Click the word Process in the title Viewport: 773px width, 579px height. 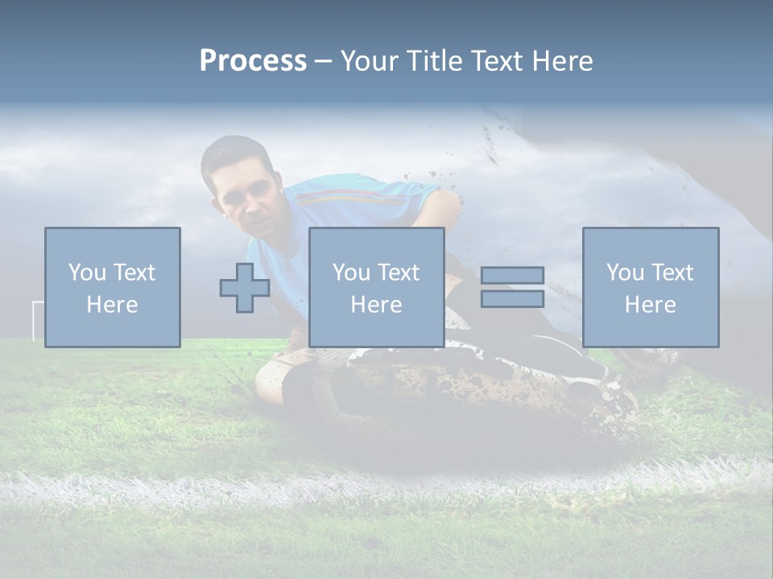pos(253,61)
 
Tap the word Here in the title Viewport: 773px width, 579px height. pos(562,61)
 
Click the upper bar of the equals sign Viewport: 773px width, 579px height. pos(512,275)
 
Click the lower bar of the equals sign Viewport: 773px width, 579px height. pos(512,299)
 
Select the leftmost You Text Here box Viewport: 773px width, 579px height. pos(113,287)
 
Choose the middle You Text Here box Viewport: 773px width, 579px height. pos(377,287)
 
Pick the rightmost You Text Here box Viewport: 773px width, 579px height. pos(651,287)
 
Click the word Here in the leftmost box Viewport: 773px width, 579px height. pos(113,305)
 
